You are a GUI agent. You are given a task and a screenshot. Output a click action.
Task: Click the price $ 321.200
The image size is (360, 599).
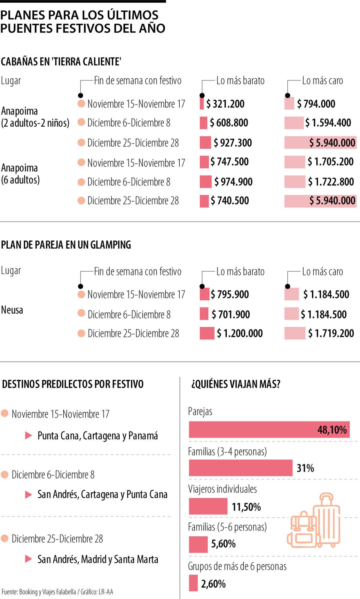tap(225, 104)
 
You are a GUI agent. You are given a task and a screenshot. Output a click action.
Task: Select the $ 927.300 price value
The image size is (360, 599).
tap(233, 143)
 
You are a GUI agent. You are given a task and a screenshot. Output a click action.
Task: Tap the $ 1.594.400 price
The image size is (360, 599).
tap(328, 123)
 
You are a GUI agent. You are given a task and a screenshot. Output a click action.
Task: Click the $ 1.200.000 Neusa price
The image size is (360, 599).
tap(240, 334)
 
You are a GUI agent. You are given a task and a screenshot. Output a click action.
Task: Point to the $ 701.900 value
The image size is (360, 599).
tap(231, 314)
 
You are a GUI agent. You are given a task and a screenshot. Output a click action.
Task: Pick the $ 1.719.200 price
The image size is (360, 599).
tap(331, 334)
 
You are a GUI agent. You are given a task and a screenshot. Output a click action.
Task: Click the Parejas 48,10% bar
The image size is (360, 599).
tap(269, 430)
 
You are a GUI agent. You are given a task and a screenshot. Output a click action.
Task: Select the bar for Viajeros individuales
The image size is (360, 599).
tap(208, 506)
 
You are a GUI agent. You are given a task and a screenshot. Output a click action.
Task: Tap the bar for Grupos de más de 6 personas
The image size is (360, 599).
tap(193, 583)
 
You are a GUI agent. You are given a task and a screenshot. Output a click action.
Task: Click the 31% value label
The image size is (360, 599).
tap(305, 468)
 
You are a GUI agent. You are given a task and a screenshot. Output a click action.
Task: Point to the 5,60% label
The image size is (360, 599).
tap(223, 544)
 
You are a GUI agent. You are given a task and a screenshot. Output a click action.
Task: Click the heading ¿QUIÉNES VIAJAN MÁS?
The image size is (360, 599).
tap(236, 384)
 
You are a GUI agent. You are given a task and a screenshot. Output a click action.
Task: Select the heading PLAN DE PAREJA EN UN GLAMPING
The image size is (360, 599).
tap(66, 245)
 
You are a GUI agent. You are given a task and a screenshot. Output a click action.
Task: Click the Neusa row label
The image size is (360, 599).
tap(12, 310)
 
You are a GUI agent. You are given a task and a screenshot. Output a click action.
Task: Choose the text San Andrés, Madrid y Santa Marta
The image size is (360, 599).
tap(98, 559)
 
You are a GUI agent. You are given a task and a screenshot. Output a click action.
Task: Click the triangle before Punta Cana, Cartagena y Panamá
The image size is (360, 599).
tap(28, 436)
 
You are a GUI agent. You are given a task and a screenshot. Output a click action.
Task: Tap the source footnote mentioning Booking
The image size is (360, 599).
tap(57, 592)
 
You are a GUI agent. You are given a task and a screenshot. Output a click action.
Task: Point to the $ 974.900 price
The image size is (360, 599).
tap(233, 182)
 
